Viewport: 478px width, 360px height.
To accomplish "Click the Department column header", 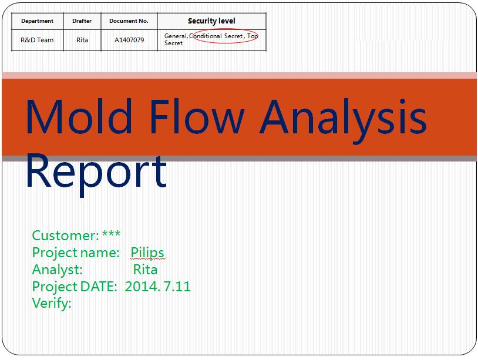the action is [x=37, y=21].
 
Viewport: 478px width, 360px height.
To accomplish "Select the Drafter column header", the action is [x=82, y=21].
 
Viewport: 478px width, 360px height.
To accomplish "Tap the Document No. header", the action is [x=129, y=21].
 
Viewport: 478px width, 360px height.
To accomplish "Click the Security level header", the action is [x=211, y=21].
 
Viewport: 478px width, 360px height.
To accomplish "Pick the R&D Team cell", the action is [x=37, y=40].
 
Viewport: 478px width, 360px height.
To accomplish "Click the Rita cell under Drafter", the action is [x=82, y=40].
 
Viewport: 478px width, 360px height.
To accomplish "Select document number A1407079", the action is [x=129, y=40].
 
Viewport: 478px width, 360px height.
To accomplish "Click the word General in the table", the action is [x=176, y=36].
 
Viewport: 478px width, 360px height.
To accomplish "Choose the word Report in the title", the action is [x=97, y=174].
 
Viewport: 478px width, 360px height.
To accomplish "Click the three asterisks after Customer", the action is [x=111, y=234].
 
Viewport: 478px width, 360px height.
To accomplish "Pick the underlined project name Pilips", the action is [x=147, y=253].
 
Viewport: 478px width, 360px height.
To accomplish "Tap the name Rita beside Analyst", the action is [x=146, y=270].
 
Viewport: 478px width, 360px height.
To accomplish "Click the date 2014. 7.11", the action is [x=157, y=287].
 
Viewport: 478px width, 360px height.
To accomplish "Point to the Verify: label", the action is [x=52, y=304].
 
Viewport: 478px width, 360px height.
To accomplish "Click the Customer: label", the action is [x=66, y=235].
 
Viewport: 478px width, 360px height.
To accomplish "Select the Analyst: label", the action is [x=58, y=270].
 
